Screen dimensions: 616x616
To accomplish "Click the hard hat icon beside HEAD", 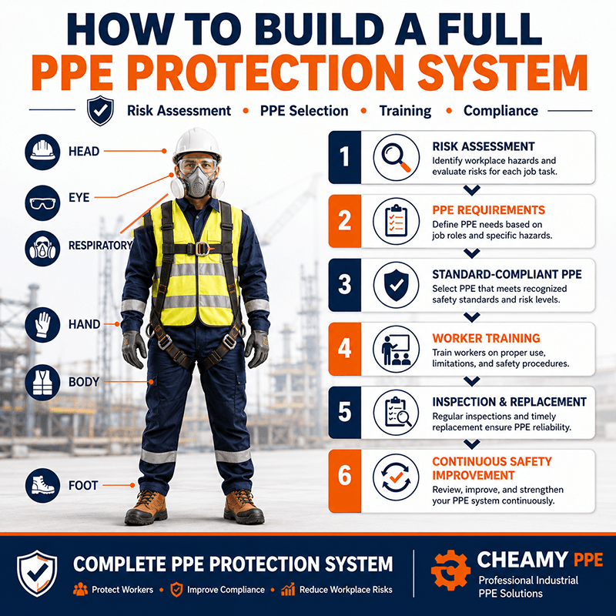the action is pyautogui.click(x=42, y=152).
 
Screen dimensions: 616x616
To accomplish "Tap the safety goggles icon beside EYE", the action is pyautogui.click(x=42, y=203).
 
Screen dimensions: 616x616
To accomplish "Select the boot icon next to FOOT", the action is pyautogui.click(x=42, y=485).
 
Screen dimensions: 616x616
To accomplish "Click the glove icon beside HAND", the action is pyautogui.click(x=42, y=325).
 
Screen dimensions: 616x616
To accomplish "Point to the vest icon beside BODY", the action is pyautogui.click(x=42, y=383).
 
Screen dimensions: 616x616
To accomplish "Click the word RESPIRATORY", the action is pyautogui.click(x=101, y=246).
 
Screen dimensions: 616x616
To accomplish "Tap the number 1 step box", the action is pyautogui.click(x=344, y=158).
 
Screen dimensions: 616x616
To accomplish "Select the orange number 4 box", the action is pyautogui.click(x=344, y=349).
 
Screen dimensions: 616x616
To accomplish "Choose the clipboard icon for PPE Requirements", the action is pyautogui.click(x=396, y=221).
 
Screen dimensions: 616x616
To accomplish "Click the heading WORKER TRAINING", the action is pyautogui.click(x=486, y=338).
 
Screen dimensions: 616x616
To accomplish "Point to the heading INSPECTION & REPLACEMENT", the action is pyautogui.click(x=509, y=402).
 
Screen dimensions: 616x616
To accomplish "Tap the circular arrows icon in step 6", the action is pyautogui.click(x=396, y=477).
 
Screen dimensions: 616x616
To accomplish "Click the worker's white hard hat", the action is pyautogui.click(x=197, y=145).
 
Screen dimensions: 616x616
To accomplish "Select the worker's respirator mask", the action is pyautogui.click(x=198, y=182).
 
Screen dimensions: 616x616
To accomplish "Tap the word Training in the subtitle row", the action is pyautogui.click(x=405, y=111).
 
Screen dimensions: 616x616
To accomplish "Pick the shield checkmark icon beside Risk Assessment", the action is pyautogui.click(x=101, y=110).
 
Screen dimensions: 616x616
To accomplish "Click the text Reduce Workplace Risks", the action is pyautogui.click(x=346, y=590).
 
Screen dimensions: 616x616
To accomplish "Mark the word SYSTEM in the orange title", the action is pyautogui.click(x=502, y=72).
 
